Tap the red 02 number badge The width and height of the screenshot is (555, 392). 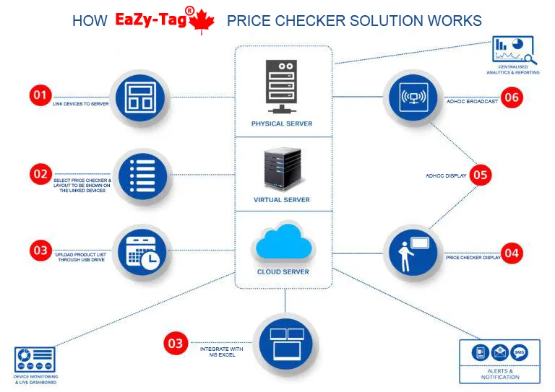[x=40, y=174]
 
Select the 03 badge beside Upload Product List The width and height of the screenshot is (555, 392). [x=40, y=251]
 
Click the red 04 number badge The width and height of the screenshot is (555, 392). [x=512, y=253]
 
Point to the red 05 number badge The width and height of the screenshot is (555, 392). [x=481, y=175]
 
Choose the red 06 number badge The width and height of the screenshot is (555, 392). [x=512, y=97]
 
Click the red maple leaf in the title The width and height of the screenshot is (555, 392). [x=201, y=22]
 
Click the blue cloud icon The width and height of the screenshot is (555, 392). [x=283, y=243]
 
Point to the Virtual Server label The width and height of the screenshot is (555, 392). [x=282, y=200]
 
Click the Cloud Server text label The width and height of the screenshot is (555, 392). [x=283, y=272]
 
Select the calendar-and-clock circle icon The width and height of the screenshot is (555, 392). [x=140, y=252]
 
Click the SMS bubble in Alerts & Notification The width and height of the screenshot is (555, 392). [x=519, y=353]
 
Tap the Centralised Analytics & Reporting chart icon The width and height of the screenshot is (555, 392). [x=513, y=50]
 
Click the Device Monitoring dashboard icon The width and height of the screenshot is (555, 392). [x=34, y=359]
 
